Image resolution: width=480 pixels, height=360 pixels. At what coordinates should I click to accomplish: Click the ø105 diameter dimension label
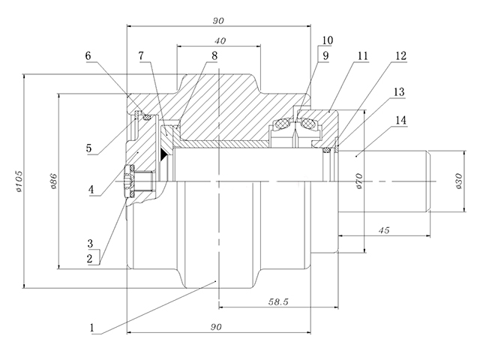coord(19,181)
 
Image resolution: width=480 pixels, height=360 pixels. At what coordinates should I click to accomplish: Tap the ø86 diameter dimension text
coord(53,181)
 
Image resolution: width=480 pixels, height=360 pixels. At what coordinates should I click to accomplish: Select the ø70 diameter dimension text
coord(359,181)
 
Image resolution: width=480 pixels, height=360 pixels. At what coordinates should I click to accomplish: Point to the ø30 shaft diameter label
coord(459,181)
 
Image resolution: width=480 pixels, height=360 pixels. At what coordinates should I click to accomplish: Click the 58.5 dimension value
coord(278,302)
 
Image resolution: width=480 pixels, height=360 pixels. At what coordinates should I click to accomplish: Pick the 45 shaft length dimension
coord(383,230)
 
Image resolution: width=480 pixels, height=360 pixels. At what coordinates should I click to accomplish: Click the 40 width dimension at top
coord(220,40)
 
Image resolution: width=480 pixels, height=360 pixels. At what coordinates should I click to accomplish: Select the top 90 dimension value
coord(218,21)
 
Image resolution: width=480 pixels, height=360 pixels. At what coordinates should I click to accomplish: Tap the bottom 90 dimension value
coord(216,327)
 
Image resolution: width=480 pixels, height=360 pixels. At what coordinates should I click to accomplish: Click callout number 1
coord(91,328)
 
